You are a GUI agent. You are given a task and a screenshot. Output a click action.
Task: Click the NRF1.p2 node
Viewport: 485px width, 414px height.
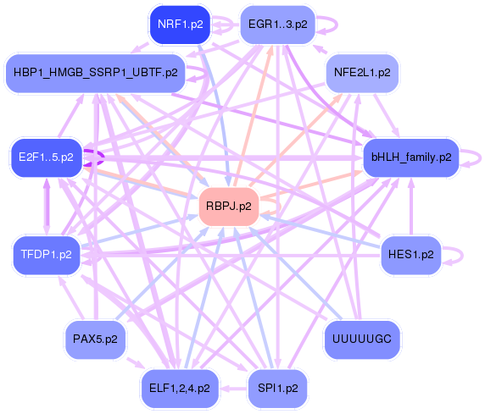(x=180, y=25)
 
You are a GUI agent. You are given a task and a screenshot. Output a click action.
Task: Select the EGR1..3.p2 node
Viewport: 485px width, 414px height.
(x=278, y=25)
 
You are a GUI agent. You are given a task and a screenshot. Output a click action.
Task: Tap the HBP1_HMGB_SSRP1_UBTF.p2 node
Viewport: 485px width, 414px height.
(x=96, y=73)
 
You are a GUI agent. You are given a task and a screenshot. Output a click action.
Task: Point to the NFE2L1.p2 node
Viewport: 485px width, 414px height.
(x=362, y=73)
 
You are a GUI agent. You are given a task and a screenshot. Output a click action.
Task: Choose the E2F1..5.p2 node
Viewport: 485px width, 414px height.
(x=47, y=157)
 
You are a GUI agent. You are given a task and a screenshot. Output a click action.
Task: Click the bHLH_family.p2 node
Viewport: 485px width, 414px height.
(x=411, y=157)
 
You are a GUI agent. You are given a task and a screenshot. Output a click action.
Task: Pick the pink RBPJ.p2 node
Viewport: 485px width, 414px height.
(x=229, y=206)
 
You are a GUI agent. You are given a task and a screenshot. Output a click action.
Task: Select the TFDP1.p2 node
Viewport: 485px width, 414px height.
(x=47, y=255)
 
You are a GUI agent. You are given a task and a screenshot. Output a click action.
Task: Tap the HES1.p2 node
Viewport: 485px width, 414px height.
(x=410, y=255)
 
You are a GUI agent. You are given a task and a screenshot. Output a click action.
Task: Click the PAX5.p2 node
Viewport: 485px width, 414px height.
(x=95, y=339)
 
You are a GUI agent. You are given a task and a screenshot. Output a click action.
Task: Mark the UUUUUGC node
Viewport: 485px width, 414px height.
(x=362, y=339)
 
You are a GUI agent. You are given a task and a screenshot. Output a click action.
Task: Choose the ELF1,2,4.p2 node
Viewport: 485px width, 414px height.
(x=180, y=389)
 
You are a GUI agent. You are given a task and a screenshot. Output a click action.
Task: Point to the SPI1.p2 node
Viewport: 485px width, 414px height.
(x=278, y=389)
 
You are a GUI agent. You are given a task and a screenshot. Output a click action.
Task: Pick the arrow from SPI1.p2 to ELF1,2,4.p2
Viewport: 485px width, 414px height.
(x=233, y=389)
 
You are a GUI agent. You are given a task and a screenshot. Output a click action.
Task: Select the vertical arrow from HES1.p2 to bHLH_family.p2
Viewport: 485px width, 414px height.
(x=411, y=207)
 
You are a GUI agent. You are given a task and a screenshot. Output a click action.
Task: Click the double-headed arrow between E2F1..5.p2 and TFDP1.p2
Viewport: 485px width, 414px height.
(x=47, y=207)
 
